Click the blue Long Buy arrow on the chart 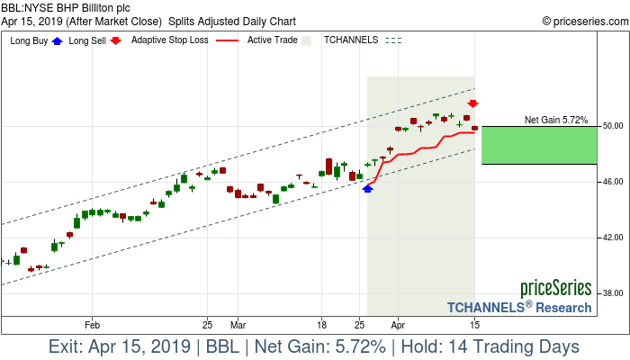pyautogui.click(x=367, y=188)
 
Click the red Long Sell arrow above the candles pyautogui.click(x=472, y=104)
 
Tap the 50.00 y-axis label pyautogui.click(x=614, y=126)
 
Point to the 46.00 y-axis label pyautogui.click(x=614, y=182)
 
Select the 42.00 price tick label pyautogui.click(x=614, y=238)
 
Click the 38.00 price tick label pyautogui.click(x=614, y=293)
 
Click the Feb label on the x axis pyautogui.click(x=91, y=323)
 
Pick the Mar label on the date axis pyautogui.click(x=238, y=323)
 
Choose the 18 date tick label pyautogui.click(x=321, y=323)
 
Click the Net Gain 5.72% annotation pyautogui.click(x=556, y=120)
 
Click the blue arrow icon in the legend pyautogui.click(x=58, y=40)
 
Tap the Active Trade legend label pyautogui.click(x=274, y=40)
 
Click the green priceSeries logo pyautogui.click(x=556, y=288)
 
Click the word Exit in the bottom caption pyautogui.click(x=68, y=346)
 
